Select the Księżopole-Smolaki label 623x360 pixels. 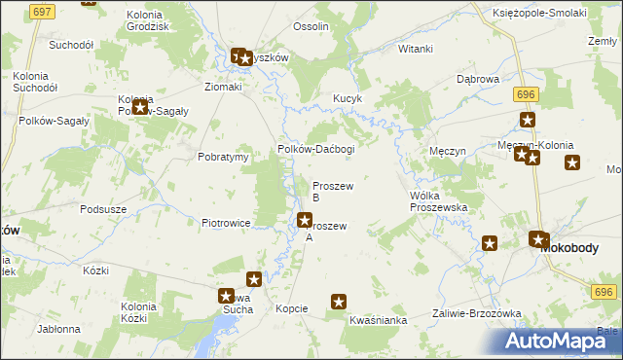coord(546,13)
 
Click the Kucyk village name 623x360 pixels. coord(348,99)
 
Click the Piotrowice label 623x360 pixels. coord(227,223)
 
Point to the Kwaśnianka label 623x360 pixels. coord(377,319)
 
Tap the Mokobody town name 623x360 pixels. coord(572,248)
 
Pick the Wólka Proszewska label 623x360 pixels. coord(439,201)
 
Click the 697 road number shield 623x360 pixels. coord(41,11)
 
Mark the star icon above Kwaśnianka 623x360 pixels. coord(340,302)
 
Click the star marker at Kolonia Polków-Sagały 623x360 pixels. coord(140,107)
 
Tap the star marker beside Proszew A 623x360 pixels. coord(305,221)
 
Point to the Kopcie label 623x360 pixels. coord(291,308)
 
